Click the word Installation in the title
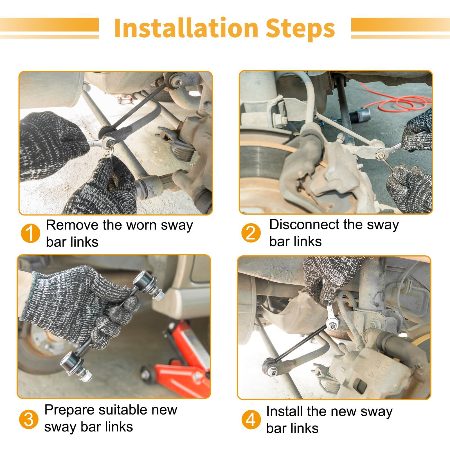(x=186, y=28)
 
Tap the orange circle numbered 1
(x=30, y=233)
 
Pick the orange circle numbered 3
(x=29, y=419)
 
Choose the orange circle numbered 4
(x=251, y=420)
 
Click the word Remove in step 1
(x=73, y=225)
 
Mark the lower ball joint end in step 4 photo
(x=270, y=366)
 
